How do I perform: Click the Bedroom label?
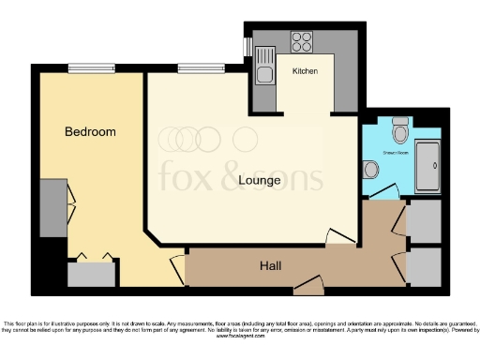coord(90,132)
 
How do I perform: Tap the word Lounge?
coord(260,180)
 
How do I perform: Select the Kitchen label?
coord(305,71)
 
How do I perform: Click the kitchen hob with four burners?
coord(303,41)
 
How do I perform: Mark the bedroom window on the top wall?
coord(91,67)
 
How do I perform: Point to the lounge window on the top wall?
coord(195,67)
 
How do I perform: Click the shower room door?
coord(383,193)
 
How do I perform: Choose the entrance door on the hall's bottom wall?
coord(308,284)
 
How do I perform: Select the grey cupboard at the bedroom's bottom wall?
coord(91,275)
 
